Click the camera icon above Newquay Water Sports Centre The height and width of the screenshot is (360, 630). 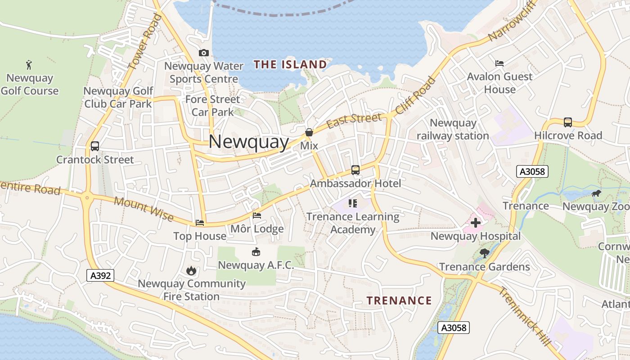[x=204, y=53]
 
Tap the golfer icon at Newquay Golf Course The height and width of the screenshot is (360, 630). [x=29, y=65]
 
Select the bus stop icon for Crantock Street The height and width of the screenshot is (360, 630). [x=95, y=146]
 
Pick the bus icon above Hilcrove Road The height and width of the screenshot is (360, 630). [x=568, y=122]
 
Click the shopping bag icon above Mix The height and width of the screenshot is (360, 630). [x=309, y=132]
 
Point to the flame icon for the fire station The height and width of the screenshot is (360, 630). [x=191, y=270]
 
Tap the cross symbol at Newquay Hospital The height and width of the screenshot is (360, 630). [x=476, y=222]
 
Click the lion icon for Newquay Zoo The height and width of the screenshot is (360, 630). [x=596, y=194]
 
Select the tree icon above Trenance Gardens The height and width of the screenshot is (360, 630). [x=484, y=253]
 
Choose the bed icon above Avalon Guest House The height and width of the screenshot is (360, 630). [x=499, y=63]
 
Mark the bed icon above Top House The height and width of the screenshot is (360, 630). [x=200, y=223]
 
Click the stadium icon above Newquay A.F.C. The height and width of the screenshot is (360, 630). [x=256, y=252]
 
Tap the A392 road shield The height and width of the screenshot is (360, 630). [x=100, y=275]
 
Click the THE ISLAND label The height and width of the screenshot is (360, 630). [x=290, y=64]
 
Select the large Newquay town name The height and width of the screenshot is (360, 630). [x=249, y=142]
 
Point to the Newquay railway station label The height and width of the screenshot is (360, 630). [x=453, y=129]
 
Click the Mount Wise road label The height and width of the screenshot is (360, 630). [x=144, y=209]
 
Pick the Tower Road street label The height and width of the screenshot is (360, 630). [x=145, y=41]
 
